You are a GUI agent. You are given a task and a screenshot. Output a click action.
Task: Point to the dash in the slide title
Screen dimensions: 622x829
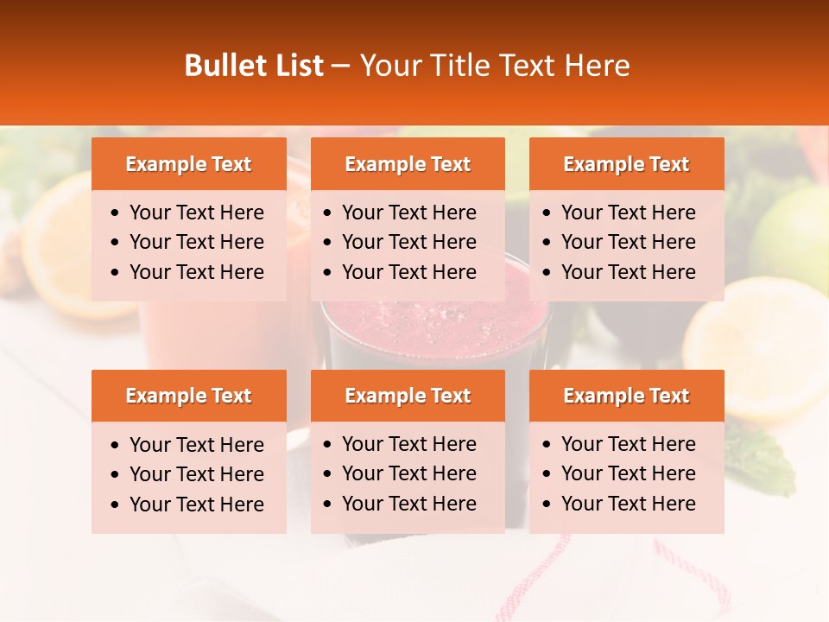tap(341, 67)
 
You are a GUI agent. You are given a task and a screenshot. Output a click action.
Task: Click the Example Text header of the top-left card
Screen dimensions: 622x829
tap(188, 164)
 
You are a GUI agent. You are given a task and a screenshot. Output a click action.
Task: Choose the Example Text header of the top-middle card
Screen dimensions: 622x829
tap(408, 164)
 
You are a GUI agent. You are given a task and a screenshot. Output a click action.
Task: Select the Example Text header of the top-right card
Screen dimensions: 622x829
tap(626, 164)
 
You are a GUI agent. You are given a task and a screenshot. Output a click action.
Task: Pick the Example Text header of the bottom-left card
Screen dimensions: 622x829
tap(188, 396)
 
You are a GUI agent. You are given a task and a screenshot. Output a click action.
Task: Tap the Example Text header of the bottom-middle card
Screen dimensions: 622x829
tap(408, 396)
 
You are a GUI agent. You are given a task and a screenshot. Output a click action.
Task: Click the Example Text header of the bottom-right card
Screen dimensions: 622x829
tap(626, 396)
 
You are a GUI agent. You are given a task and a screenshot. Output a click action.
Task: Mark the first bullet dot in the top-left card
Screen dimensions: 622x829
tap(116, 213)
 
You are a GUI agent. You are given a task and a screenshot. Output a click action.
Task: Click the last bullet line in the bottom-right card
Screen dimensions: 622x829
tap(628, 504)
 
